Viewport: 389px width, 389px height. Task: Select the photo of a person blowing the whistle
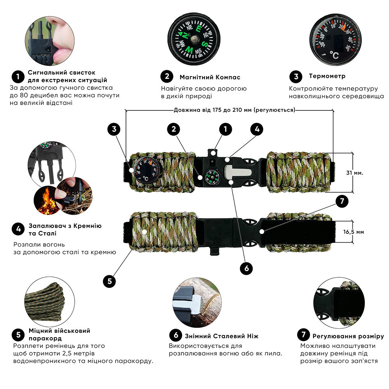click(48, 41)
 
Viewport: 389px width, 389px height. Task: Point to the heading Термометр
click(327, 76)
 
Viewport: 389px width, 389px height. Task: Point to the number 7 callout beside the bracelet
click(342, 201)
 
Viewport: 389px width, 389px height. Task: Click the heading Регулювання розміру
click(348, 336)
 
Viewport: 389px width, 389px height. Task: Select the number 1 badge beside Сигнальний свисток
click(18, 75)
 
